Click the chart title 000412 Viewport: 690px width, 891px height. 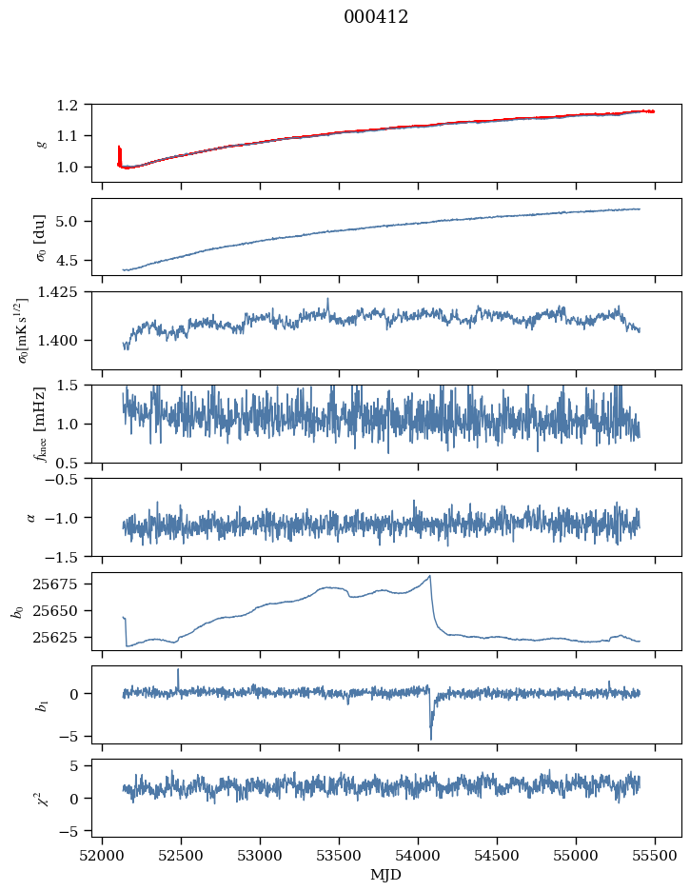coord(376,17)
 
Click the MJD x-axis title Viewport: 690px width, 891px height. coord(386,875)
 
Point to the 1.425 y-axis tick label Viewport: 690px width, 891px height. coord(68,292)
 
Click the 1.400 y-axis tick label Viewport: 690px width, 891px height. coord(68,341)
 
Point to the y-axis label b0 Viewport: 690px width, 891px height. coord(17,610)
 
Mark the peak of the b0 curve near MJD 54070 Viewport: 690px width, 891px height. coord(430,576)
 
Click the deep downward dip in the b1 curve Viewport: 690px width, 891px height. coord(430,738)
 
